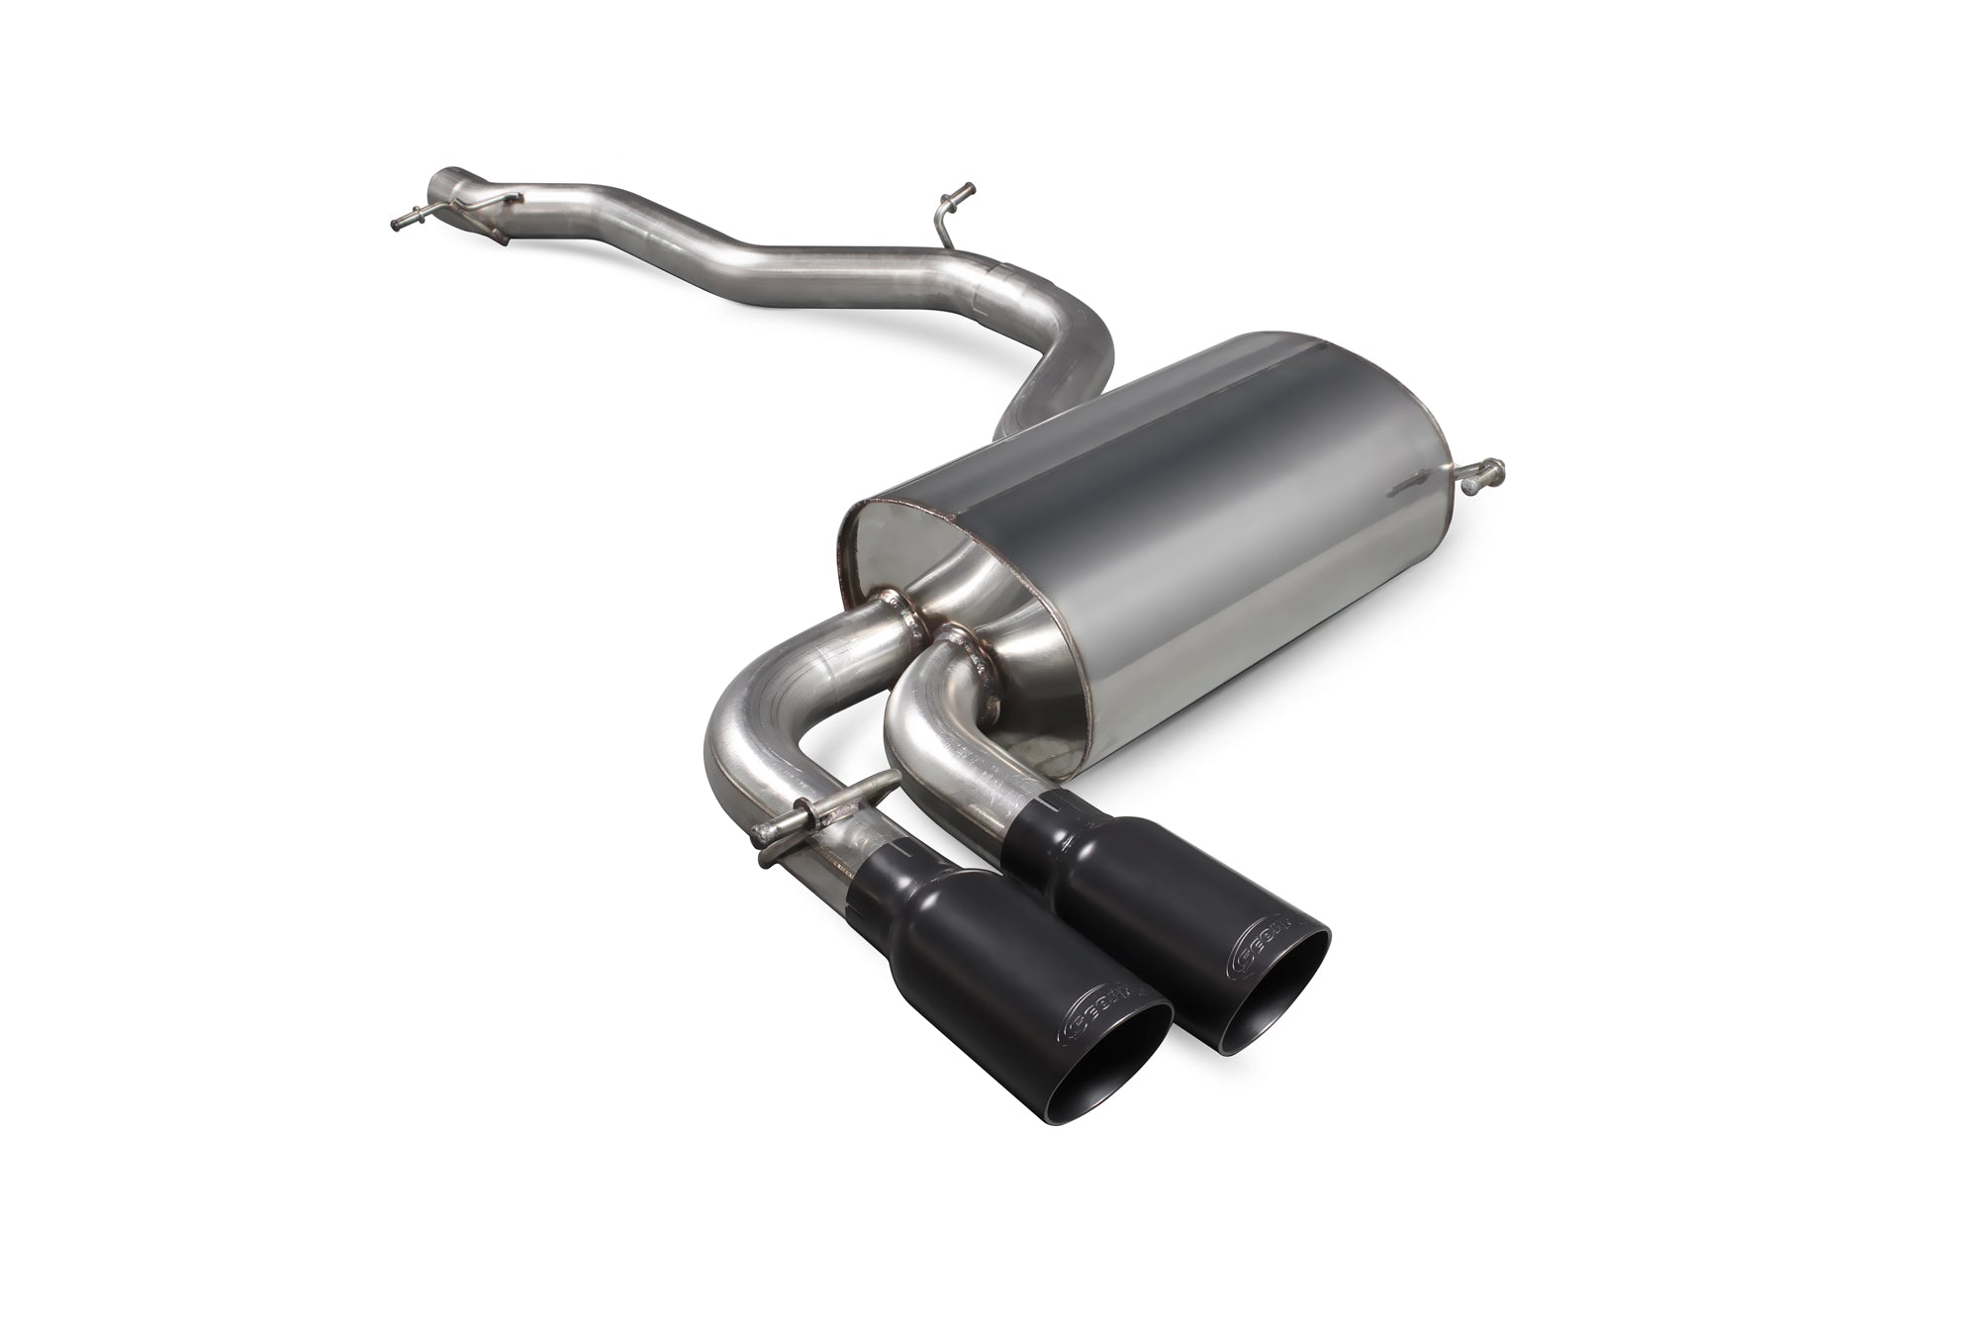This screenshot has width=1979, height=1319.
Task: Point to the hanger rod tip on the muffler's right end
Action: pos(1494,464)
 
